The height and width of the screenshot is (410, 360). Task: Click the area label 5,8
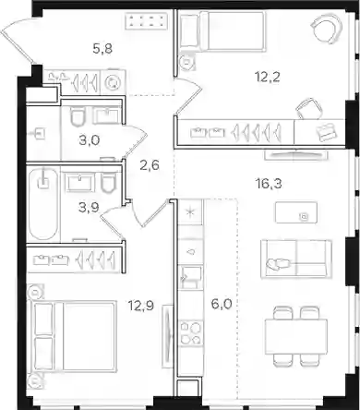102,49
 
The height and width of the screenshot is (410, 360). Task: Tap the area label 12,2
268,77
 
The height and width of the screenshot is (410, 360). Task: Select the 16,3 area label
269,184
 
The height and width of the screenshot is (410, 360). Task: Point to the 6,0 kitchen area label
222,304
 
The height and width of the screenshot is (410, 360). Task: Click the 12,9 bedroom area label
141,306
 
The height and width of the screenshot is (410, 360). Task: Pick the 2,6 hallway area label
150,165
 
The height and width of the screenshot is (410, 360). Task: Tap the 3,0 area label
90,140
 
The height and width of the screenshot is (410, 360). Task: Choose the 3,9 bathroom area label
89,208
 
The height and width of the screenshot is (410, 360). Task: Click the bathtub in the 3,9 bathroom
43,204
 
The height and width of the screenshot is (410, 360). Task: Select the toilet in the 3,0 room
78,115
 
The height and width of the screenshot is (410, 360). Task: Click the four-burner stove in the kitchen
191,332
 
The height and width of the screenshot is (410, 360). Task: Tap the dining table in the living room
296,336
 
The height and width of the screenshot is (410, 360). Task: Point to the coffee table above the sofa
296,212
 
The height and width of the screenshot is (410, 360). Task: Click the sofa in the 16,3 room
296,259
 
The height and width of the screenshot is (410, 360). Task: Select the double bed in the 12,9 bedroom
73,336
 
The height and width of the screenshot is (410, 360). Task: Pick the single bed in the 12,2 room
222,30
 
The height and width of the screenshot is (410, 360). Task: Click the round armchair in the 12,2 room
327,28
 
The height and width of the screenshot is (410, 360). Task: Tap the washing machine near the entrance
113,82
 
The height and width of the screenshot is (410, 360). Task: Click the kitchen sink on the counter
191,277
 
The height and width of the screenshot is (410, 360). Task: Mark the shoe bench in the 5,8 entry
147,21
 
